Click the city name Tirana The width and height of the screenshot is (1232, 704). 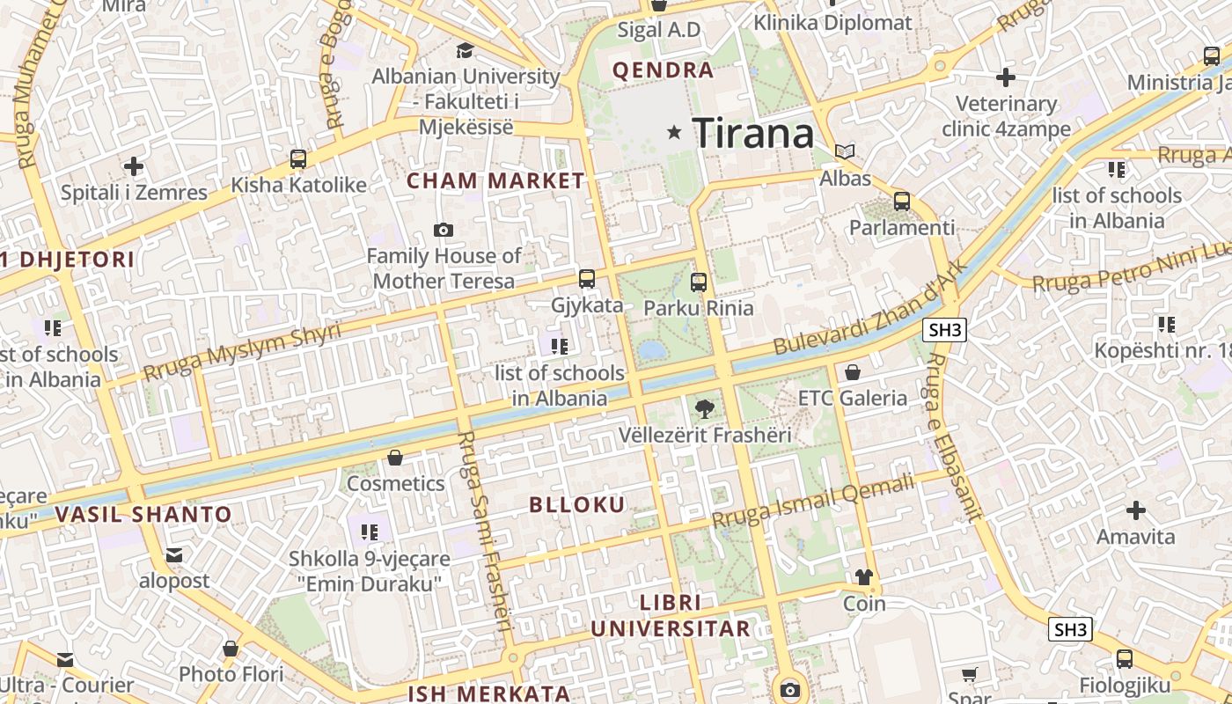click(753, 134)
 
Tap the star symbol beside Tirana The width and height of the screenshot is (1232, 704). click(675, 132)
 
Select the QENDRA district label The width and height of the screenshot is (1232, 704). click(663, 70)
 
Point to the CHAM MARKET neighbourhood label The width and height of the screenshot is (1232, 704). click(495, 181)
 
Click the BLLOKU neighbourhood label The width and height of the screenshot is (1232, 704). click(577, 504)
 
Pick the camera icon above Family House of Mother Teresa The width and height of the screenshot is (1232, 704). click(444, 231)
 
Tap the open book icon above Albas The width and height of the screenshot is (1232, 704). click(845, 152)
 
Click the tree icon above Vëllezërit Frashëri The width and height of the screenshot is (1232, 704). click(704, 408)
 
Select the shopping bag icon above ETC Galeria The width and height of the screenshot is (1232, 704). click(852, 372)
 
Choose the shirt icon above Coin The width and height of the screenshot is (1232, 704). click(864, 577)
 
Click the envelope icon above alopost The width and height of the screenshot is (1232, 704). click(174, 555)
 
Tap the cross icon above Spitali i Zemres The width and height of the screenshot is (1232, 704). click(134, 165)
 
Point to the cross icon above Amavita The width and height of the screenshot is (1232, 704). click(1136, 510)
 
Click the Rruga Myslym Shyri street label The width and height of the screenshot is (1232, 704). click(242, 351)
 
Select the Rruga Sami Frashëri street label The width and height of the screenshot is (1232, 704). click(485, 532)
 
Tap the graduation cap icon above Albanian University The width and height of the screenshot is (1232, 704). click(465, 51)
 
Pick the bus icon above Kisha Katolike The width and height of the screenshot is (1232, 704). click(298, 159)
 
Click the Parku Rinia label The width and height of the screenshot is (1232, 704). click(699, 308)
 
